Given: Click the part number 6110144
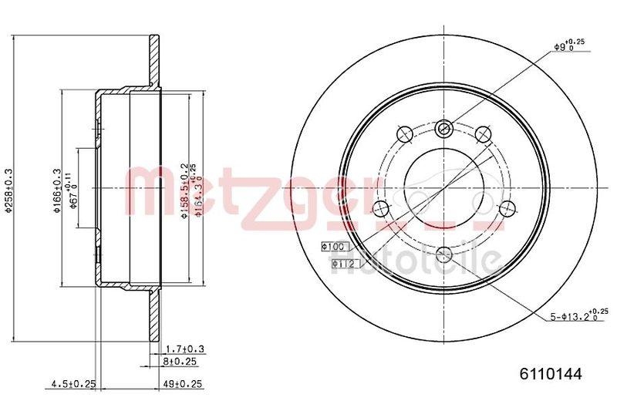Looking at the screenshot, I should pyautogui.click(x=549, y=373).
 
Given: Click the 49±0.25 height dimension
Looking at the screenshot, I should pyautogui.click(x=183, y=383).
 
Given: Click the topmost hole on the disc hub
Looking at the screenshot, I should pyautogui.click(x=443, y=127).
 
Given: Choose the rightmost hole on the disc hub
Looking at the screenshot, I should pyautogui.click(x=507, y=208).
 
